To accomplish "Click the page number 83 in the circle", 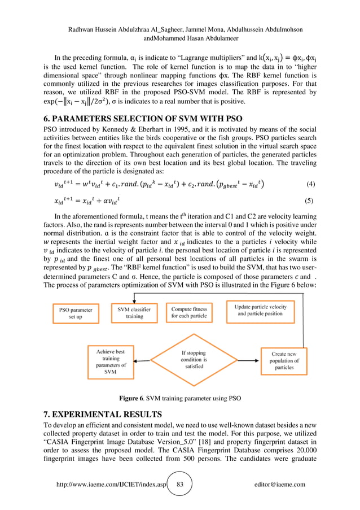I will tap(181, 485).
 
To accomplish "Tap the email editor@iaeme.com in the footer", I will tap(280, 485).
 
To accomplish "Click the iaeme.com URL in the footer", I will tap(111, 485).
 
